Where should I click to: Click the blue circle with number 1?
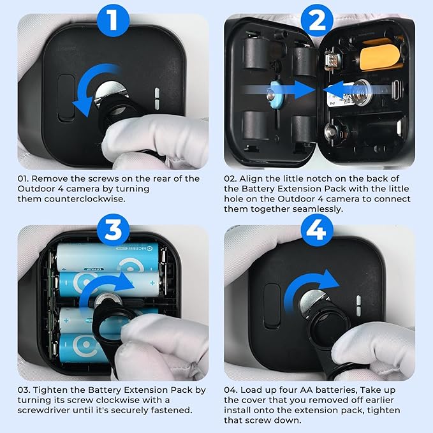tap(114, 20)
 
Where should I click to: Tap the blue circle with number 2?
tap(317, 20)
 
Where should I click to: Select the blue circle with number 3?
tap(114, 230)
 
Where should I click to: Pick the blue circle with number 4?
tap(317, 230)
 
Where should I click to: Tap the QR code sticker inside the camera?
tap(339, 97)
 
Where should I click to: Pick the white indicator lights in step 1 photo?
tap(157, 99)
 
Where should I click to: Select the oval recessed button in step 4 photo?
tap(272, 306)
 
